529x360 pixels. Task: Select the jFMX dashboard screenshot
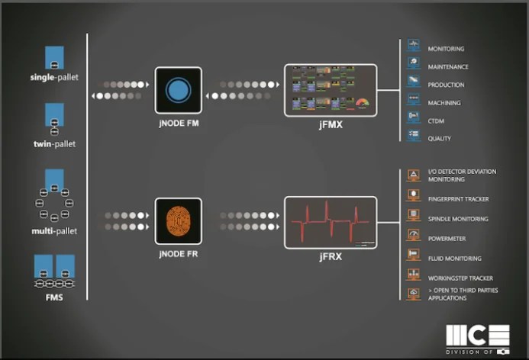[x=331, y=90]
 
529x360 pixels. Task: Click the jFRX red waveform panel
[x=331, y=222]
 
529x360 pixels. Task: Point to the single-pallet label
[x=54, y=78]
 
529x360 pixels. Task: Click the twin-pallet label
[x=54, y=143]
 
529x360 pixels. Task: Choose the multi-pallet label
[x=54, y=230]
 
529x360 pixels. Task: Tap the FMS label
[x=54, y=297]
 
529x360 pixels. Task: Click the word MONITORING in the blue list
[x=446, y=49]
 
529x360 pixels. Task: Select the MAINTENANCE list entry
[x=448, y=67]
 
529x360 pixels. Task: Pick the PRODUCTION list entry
[x=446, y=85]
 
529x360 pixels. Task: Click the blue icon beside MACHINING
[x=413, y=102]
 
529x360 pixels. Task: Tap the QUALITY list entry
[x=440, y=139]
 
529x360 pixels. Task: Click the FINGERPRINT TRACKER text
[x=459, y=199]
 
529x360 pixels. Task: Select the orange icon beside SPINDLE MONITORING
[x=413, y=218]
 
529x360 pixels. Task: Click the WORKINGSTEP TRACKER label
[x=460, y=278]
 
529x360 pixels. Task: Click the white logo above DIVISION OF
[x=477, y=335]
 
